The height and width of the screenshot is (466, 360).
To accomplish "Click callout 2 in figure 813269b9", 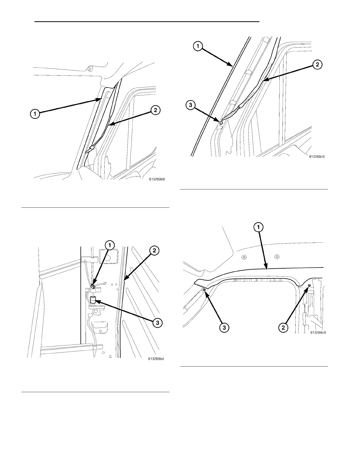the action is pos(155,110).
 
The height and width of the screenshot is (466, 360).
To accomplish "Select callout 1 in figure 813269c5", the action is pos(198,46).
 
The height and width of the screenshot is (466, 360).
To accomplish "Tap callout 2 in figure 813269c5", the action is pos(318,65).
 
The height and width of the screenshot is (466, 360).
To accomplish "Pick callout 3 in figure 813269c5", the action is pos(190,105).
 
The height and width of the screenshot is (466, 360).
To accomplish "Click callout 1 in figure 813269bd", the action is pos(110,244).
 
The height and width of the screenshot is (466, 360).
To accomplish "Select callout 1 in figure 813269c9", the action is pos(259,227).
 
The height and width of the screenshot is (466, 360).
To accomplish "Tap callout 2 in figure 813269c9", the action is pos(283,327).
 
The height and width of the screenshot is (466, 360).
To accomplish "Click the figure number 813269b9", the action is pos(157,179).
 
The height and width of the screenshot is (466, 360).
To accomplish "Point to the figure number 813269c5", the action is pos(317,157).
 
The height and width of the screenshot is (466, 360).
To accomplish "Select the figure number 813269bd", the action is pos(156,358).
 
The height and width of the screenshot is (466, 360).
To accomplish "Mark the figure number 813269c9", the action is pos(318,333).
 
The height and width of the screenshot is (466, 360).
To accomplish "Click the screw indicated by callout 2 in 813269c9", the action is pos(309,286).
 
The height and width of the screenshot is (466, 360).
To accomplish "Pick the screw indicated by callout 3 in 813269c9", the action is pos(204,290).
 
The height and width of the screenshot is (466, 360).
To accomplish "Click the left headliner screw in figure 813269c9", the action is pos(244,257).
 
